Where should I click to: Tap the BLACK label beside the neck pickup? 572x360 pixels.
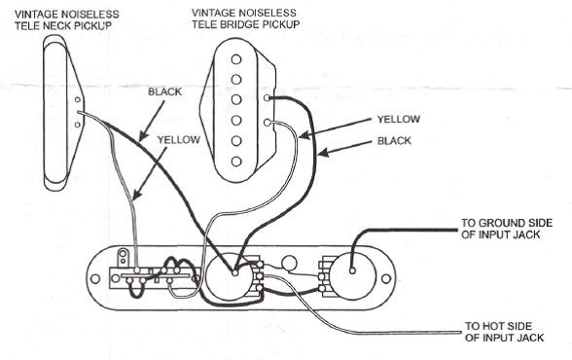point(165,91)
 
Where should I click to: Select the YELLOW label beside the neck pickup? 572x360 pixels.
point(179,140)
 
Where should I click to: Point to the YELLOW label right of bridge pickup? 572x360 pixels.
point(399,120)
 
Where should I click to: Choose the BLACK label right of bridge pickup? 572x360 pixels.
point(394,141)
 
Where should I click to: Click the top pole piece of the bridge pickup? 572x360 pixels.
point(236,59)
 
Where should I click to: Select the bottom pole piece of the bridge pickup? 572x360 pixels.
point(236,162)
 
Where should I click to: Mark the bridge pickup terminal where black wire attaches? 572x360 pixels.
point(268,97)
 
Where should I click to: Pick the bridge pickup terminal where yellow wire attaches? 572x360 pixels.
point(268,123)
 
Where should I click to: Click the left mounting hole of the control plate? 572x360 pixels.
point(95,279)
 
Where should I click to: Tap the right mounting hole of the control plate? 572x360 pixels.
point(385,279)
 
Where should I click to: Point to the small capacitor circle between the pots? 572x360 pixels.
point(289,264)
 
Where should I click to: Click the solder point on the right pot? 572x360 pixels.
point(352,270)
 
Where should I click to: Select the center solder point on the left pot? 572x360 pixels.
point(235,272)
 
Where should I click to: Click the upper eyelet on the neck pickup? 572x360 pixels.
point(78,99)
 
